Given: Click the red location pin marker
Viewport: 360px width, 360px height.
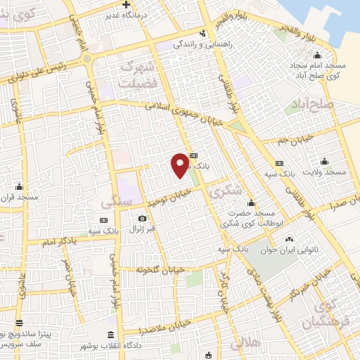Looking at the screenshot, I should point(180,164).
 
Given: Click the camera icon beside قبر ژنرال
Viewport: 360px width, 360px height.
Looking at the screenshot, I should point(143,219).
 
